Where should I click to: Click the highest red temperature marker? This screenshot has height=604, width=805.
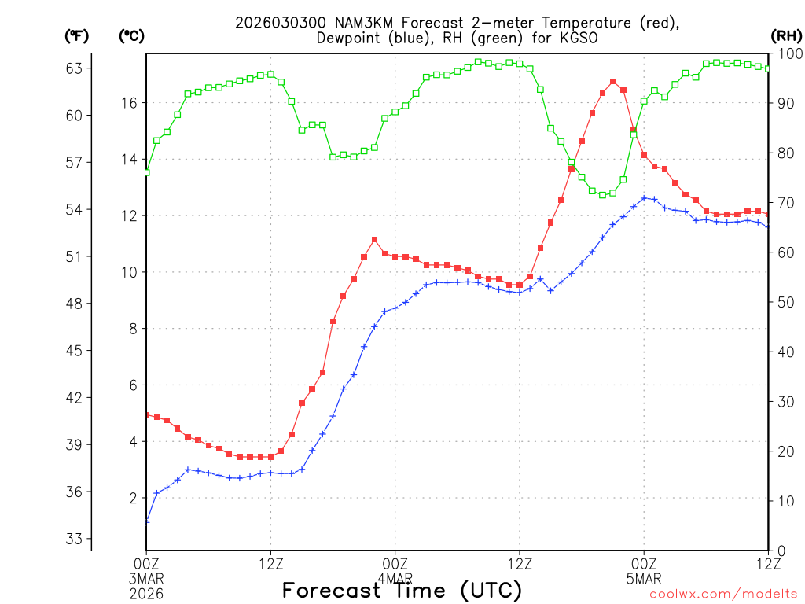coord(612,81)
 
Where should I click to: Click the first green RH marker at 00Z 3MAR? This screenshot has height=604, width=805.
coord(146,172)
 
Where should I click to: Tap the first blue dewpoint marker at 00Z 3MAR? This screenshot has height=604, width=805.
coord(146,521)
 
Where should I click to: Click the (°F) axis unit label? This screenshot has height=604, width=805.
coord(76,35)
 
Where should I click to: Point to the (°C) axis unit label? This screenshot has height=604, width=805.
coord(131,35)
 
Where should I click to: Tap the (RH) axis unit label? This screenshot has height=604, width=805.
coord(786,35)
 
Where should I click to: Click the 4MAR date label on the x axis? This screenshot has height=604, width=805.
coord(395,578)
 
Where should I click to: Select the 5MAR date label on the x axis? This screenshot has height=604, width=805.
coord(644,578)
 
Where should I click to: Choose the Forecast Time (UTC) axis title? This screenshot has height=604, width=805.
coord(402,590)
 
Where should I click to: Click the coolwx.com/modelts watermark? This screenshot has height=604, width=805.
coord(723,595)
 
